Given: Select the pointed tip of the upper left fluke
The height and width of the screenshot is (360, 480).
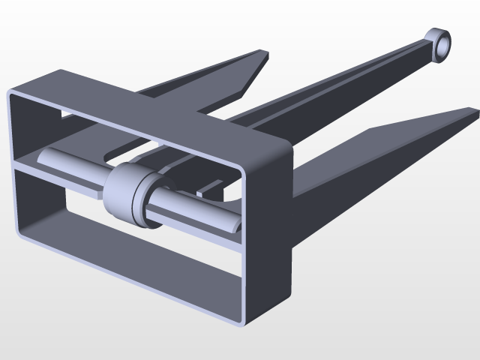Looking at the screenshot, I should click(x=263, y=53).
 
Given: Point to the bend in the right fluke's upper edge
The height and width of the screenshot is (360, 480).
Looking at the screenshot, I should click(x=369, y=130).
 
